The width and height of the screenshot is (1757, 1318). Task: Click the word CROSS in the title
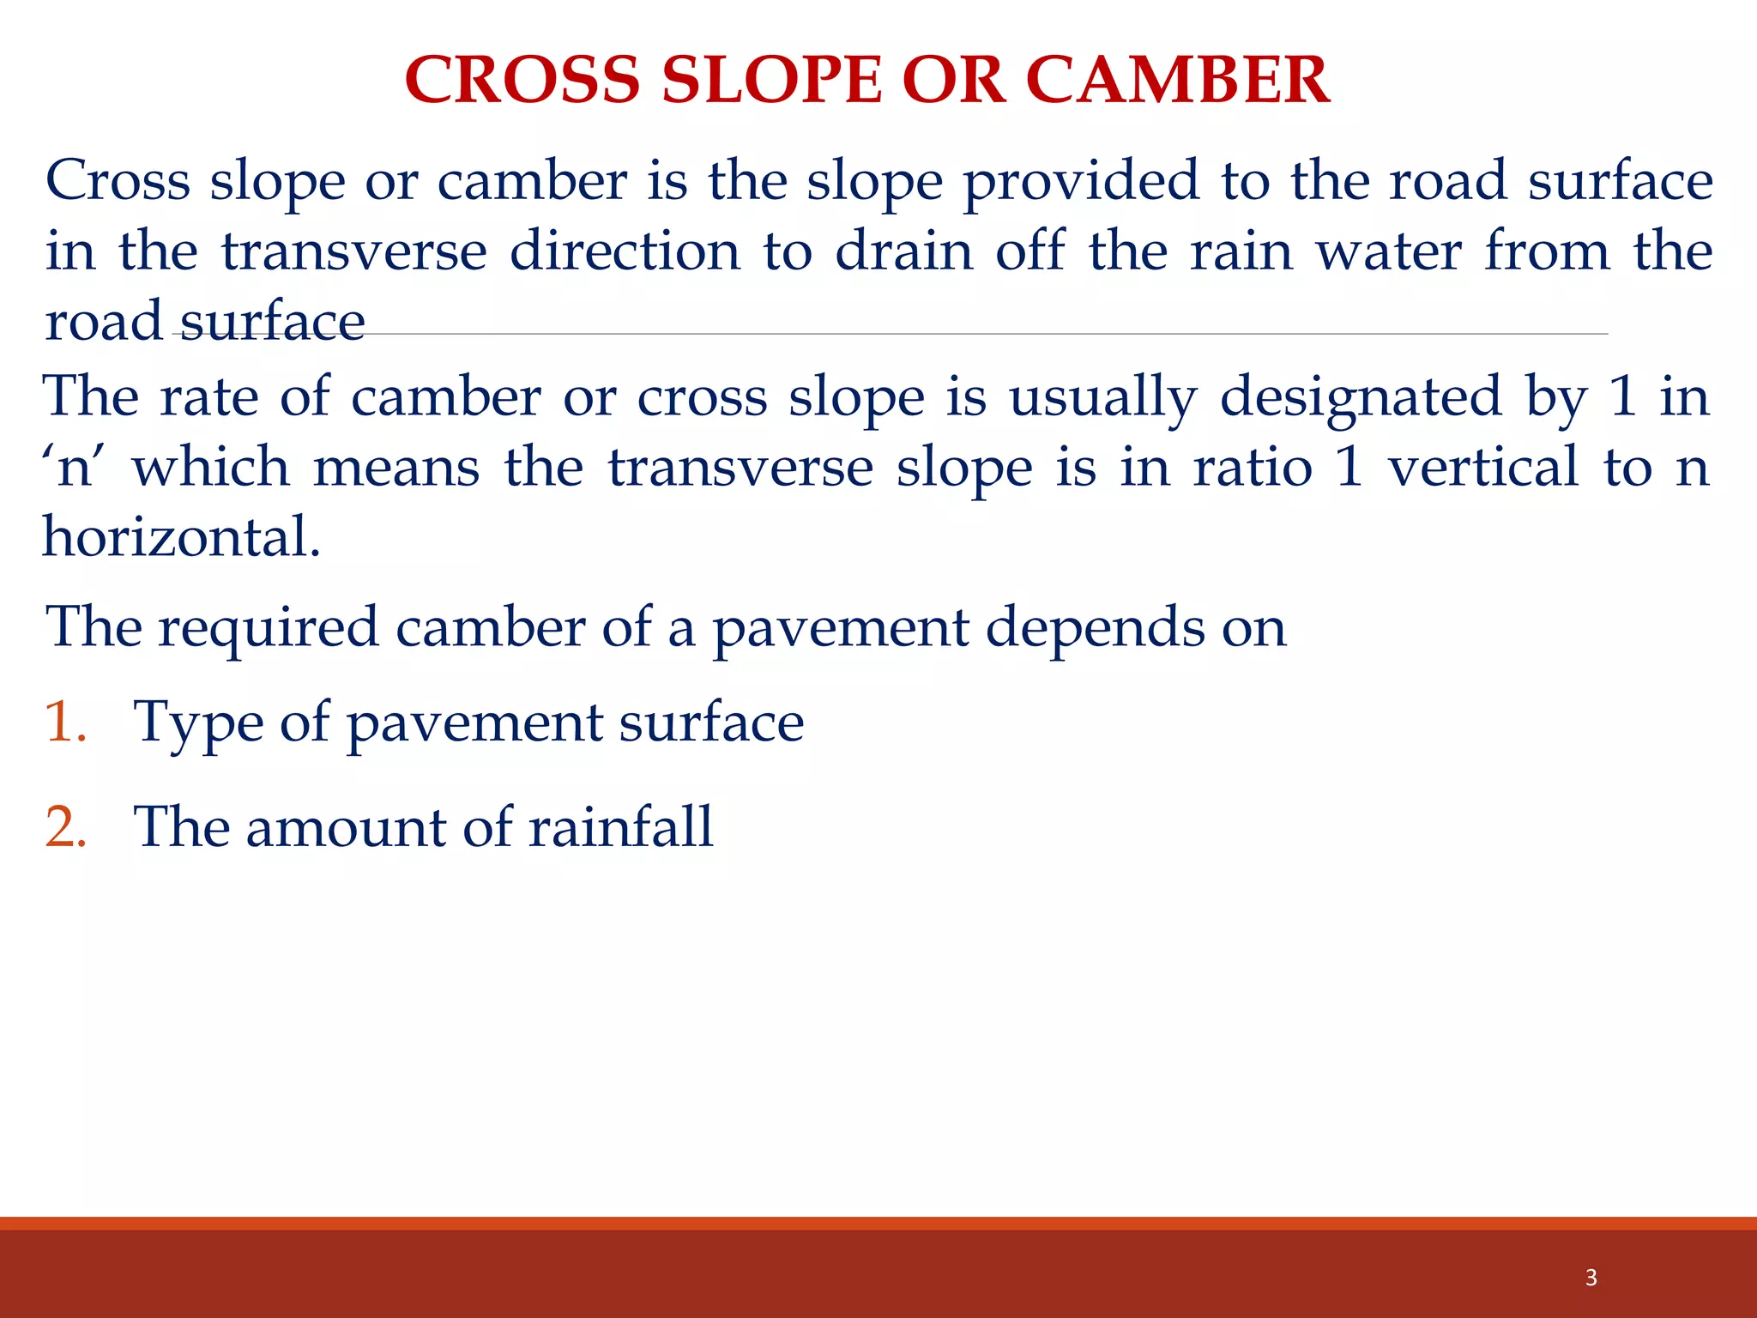(x=522, y=80)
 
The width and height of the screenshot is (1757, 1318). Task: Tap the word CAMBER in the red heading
(x=1177, y=80)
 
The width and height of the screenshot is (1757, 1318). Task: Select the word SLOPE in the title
(x=771, y=80)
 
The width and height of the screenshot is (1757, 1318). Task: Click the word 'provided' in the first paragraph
(x=1081, y=182)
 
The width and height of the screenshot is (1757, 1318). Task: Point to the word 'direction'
(x=625, y=251)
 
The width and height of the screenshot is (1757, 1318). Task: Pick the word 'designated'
(x=1361, y=398)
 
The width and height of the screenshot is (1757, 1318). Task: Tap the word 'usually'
(x=1102, y=398)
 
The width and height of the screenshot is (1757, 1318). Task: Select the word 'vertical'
(x=1483, y=468)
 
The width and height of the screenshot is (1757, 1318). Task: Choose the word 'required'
(x=268, y=628)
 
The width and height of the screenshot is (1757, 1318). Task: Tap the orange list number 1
(x=64, y=722)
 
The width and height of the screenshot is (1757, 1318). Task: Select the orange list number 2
(x=65, y=827)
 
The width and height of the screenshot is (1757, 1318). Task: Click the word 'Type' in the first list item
(x=198, y=723)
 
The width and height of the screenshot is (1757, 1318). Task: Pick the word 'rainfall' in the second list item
(x=620, y=827)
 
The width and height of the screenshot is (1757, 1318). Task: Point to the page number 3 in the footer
(x=1591, y=1278)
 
